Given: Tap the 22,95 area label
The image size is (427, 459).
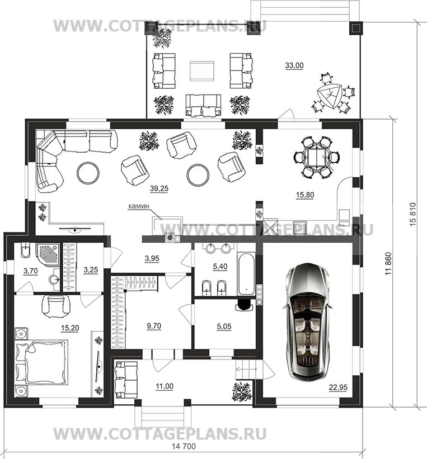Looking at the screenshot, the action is click(338, 387).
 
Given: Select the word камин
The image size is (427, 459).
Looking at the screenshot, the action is click(139, 206).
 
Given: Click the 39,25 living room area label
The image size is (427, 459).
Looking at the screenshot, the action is click(159, 189).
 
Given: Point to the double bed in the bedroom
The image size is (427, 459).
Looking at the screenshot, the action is click(41, 362).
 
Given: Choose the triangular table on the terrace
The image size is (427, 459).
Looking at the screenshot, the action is click(330, 96).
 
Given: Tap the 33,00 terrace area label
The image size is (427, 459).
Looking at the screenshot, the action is click(294, 65).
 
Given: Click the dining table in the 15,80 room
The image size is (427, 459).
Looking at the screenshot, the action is click(316, 157).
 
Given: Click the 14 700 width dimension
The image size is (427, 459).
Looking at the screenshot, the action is click(184, 446).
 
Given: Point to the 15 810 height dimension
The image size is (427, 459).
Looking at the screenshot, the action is click(412, 214).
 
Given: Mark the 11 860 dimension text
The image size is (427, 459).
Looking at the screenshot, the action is click(388, 263).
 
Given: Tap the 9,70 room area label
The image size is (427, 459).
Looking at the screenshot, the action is click(154, 326).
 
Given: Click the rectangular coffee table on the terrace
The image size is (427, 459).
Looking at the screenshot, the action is click(201, 71).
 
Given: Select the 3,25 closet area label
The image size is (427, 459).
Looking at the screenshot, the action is click(91, 269).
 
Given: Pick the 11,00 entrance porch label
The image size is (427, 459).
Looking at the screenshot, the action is click(165, 386).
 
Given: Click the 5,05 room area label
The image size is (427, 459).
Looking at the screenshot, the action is click(224, 326).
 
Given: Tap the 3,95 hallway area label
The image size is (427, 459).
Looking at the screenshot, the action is click(152, 258).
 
